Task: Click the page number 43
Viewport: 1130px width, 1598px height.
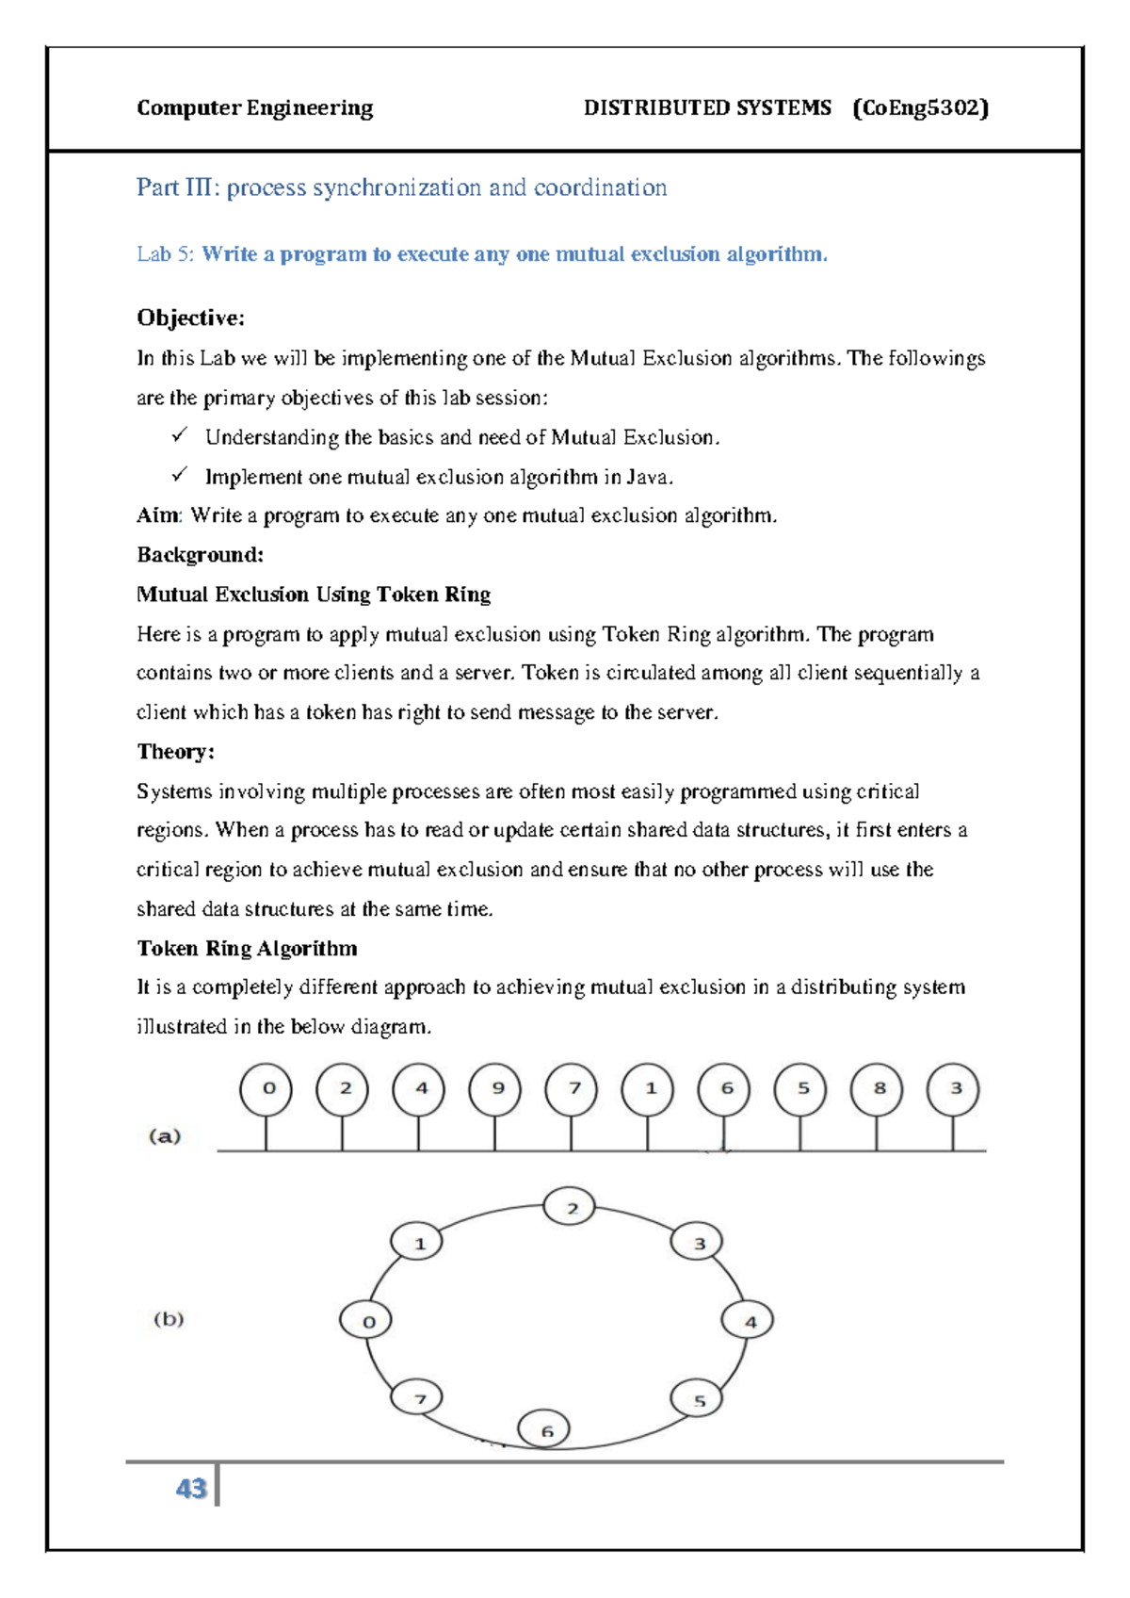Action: [191, 1488]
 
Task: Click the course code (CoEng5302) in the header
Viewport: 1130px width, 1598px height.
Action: [920, 108]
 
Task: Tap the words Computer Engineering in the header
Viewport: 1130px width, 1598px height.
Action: [254, 108]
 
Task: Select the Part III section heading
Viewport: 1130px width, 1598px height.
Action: [401, 188]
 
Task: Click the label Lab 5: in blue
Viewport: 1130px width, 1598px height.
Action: [166, 254]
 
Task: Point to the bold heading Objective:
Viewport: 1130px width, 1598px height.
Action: [190, 318]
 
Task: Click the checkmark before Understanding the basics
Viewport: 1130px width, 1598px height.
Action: [180, 435]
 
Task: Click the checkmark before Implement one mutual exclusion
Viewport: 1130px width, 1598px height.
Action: [180, 475]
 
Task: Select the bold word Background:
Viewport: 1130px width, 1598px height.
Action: [200, 555]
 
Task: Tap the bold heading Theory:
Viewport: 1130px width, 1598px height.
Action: [176, 752]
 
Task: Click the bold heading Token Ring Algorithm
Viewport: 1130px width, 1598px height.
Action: [247, 949]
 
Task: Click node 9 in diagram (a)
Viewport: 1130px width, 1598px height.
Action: [495, 1088]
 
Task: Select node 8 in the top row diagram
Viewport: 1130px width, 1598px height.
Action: [877, 1088]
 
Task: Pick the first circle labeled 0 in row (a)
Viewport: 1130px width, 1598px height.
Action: [266, 1088]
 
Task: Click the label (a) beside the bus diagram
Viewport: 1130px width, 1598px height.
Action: [165, 1136]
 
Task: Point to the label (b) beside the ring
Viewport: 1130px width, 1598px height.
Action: [169, 1319]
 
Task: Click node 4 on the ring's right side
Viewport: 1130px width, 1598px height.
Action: [749, 1321]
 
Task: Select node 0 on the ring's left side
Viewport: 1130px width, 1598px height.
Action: [366, 1321]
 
